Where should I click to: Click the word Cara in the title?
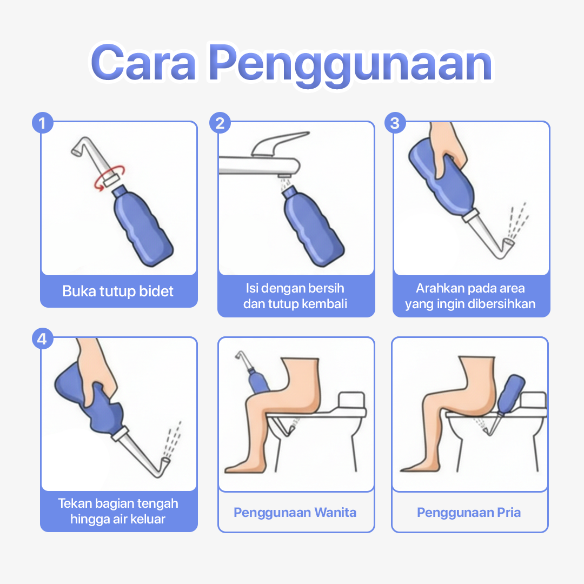tap(143, 62)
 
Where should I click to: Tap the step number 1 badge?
tap(43, 123)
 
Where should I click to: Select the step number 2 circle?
tap(220, 123)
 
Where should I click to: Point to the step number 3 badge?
tap(395, 123)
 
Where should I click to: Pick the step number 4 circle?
tap(43, 339)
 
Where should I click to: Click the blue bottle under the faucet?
tap(312, 227)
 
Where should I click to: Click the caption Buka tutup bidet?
tap(118, 291)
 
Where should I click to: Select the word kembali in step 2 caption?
tap(324, 304)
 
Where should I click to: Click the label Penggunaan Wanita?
tap(295, 513)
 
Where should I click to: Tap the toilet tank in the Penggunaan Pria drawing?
tap(533, 401)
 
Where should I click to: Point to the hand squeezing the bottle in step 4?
tap(97, 373)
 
